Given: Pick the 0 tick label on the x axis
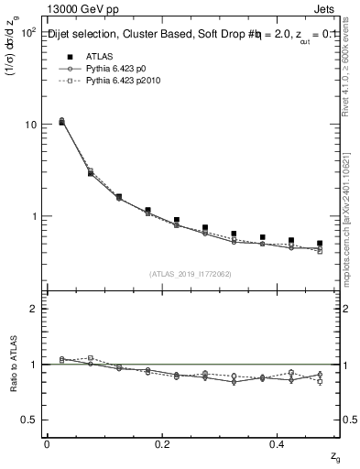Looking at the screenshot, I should (47, 444).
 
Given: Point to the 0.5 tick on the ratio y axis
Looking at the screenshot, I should (28, 420).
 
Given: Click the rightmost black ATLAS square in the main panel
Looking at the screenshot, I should (320, 244).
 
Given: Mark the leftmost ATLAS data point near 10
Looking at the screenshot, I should (62, 122).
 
